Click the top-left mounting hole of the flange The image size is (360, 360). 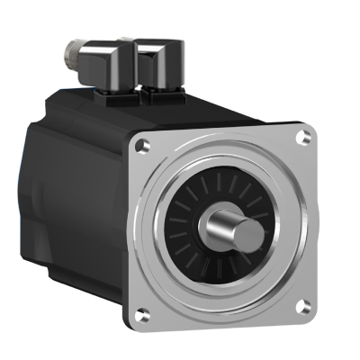tap(141, 144)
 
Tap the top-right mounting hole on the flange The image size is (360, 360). tap(304, 137)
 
